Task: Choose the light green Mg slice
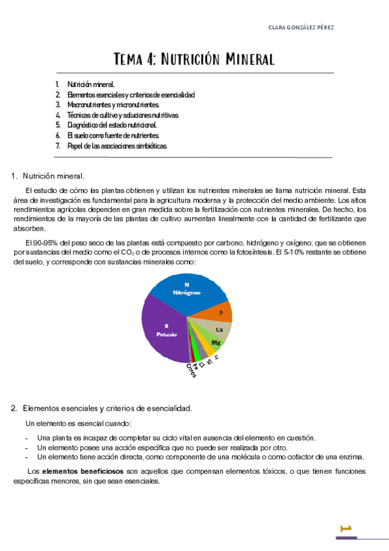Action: click(x=215, y=342)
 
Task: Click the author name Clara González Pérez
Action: click(x=301, y=27)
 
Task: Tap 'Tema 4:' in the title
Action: click(x=134, y=60)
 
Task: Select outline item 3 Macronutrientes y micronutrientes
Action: click(x=112, y=105)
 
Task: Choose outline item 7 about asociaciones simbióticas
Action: click(x=116, y=146)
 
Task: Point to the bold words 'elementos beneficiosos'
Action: click(x=83, y=471)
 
